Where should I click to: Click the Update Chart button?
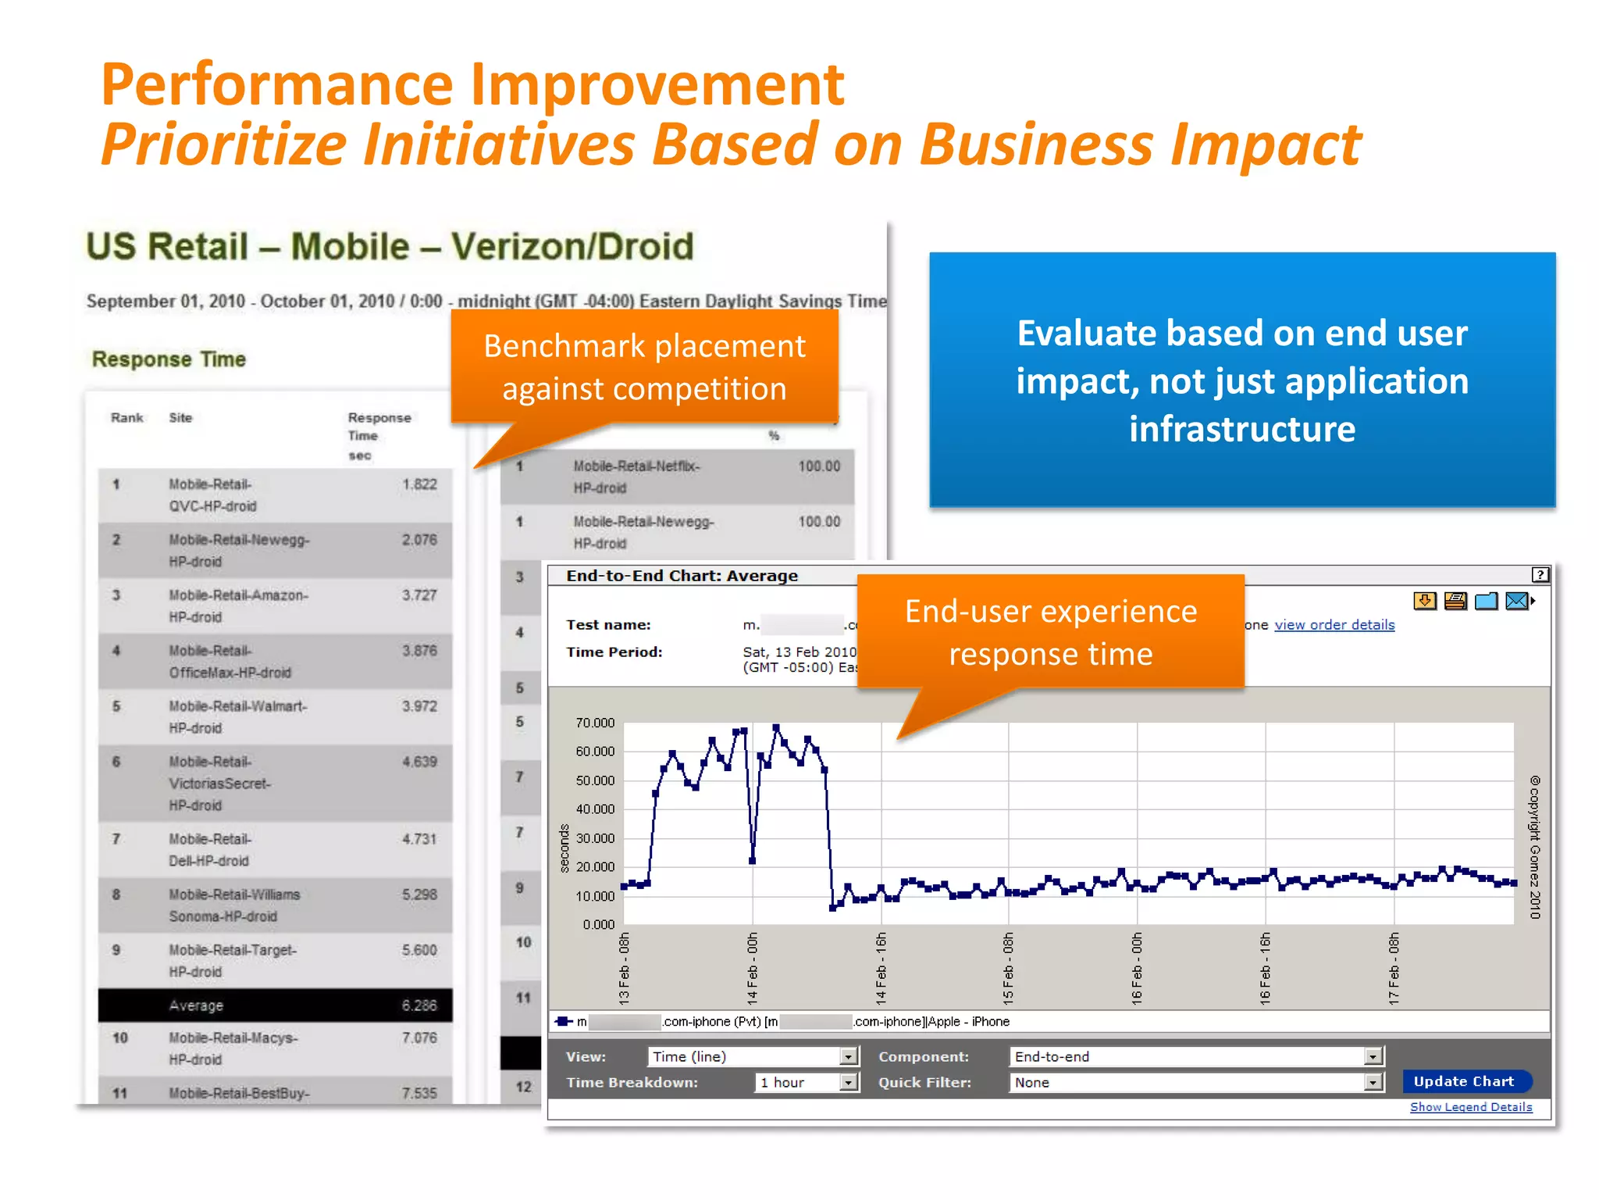pos(1465,1081)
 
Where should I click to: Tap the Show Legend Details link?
pos(1470,1107)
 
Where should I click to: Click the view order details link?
pos(1334,625)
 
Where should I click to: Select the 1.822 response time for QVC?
pos(419,484)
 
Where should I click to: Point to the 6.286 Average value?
pos(419,1005)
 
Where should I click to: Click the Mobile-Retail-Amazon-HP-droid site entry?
pos(238,606)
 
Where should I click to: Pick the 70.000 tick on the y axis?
pos(595,723)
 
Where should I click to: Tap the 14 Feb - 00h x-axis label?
pos(753,969)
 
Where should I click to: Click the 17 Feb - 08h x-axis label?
pos(1394,969)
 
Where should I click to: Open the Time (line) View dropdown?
pos(849,1057)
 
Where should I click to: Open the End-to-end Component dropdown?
pos(1373,1057)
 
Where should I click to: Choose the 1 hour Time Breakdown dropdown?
pos(848,1083)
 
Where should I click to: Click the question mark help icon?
pos(1540,575)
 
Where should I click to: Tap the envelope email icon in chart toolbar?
pos(1516,601)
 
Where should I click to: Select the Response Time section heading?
pos(169,359)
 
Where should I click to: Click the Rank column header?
pos(126,418)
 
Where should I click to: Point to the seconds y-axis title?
pos(564,848)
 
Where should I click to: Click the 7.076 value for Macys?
pos(419,1038)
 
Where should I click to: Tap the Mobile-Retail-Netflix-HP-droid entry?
pos(636,477)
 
